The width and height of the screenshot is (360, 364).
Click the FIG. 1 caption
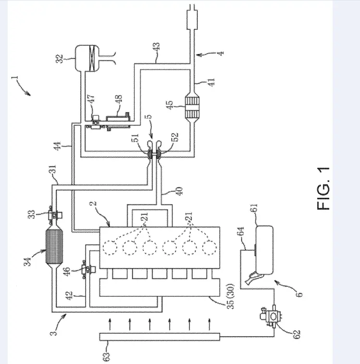coord(324,188)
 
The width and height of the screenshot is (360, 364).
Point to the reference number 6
coord(298,293)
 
